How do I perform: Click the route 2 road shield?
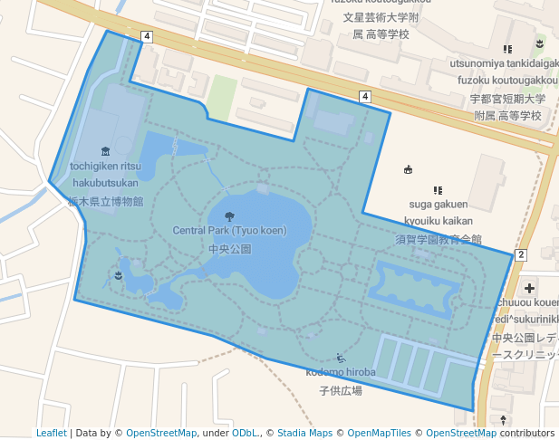[520, 255]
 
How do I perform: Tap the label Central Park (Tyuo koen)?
[229, 231]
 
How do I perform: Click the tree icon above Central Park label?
[228, 216]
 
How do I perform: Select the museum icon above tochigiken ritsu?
[106, 151]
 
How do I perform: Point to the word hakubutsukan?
[106, 183]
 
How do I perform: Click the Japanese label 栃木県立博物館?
[106, 201]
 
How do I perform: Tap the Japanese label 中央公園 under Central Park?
[229, 248]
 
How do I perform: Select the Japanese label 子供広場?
[340, 390]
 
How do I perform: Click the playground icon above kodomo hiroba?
[340, 359]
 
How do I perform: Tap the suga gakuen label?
[438, 206]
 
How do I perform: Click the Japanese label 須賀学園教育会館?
[438, 239]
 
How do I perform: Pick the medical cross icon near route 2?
[529, 287]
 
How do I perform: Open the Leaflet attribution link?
[51, 433]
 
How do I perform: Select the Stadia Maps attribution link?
[304, 433]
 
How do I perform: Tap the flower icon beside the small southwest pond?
[119, 273]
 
